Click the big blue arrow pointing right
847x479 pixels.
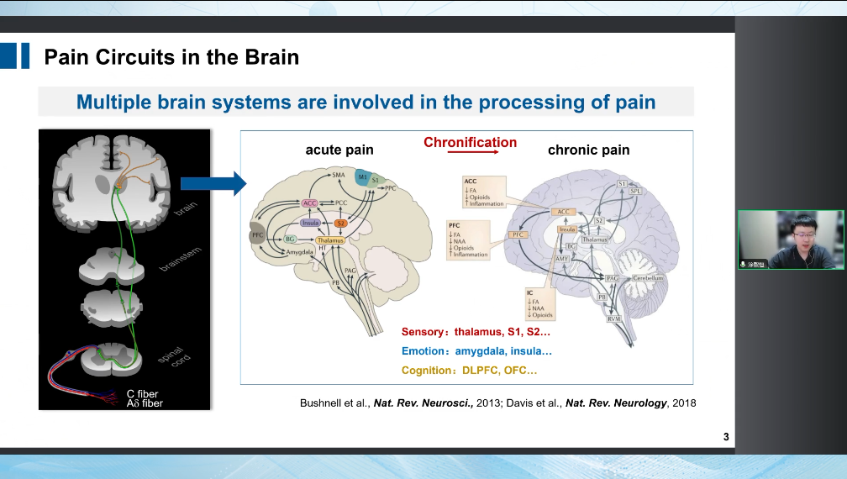click(213, 183)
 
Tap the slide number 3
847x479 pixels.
click(726, 436)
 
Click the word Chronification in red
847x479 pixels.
click(470, 142)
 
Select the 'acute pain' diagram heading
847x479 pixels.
click(339, 150)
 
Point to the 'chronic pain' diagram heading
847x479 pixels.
click(588, 150)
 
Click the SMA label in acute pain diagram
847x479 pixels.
click(339, 175)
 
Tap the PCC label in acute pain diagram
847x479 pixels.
click(341, 203)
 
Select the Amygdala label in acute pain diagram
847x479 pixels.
click(299, 252)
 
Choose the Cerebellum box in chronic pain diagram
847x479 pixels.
click(648, 277)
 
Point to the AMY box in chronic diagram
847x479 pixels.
click(563, 260)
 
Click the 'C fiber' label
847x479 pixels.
click(142, 393)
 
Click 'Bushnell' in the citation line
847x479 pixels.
click(322, 403)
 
